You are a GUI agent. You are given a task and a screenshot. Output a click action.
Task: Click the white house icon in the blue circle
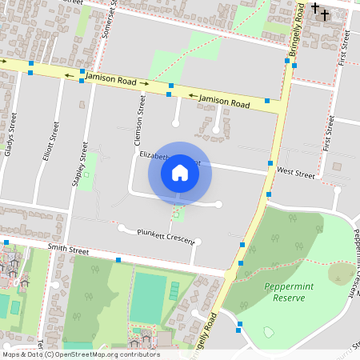pos(180,173)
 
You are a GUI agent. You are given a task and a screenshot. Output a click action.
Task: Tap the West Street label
pos(295,172)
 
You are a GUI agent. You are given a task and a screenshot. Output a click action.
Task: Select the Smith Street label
pos(67,250)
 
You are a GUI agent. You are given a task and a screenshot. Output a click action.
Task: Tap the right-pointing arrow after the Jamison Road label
pos(144,82)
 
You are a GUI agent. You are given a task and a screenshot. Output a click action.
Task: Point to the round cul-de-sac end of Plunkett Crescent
pos(122,228)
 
